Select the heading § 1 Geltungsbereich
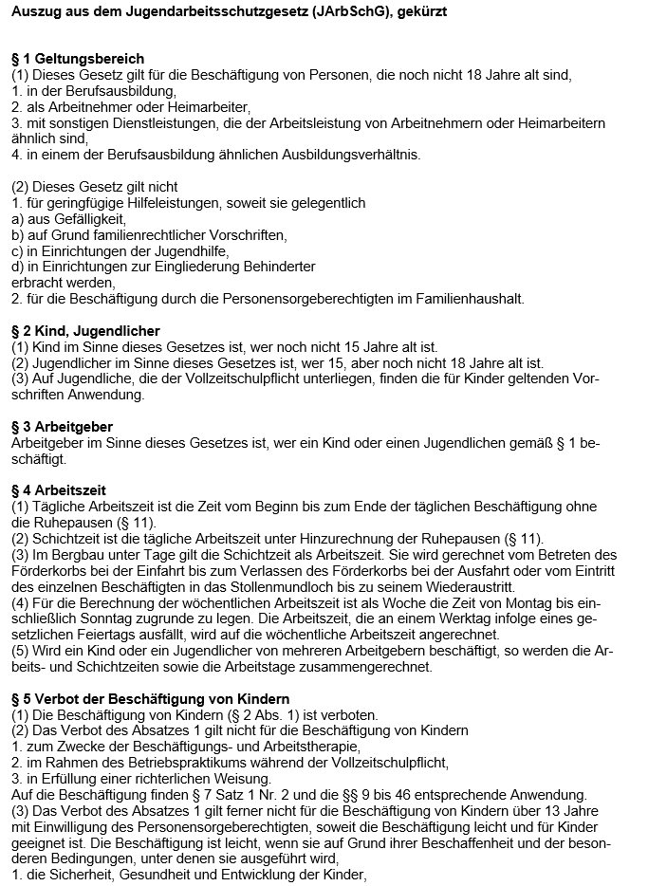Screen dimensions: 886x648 pyautogui.click(x=78, y=59)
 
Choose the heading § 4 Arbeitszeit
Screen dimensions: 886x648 pyautogui.click(x=59, y=490)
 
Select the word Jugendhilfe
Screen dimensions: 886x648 pyautogui.click(x=213, y=251)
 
